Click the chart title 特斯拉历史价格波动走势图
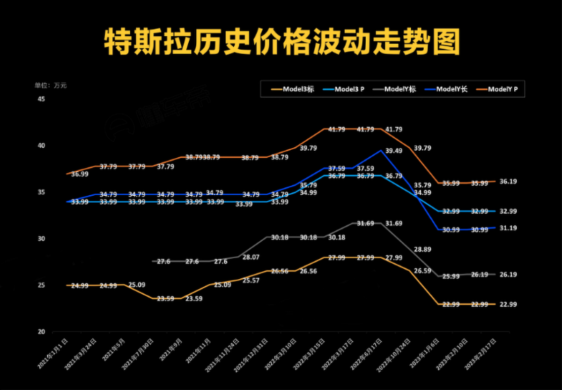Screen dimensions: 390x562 (281, 43)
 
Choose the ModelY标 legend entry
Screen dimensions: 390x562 (396, 89)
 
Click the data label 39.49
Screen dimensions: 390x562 (394, 151)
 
